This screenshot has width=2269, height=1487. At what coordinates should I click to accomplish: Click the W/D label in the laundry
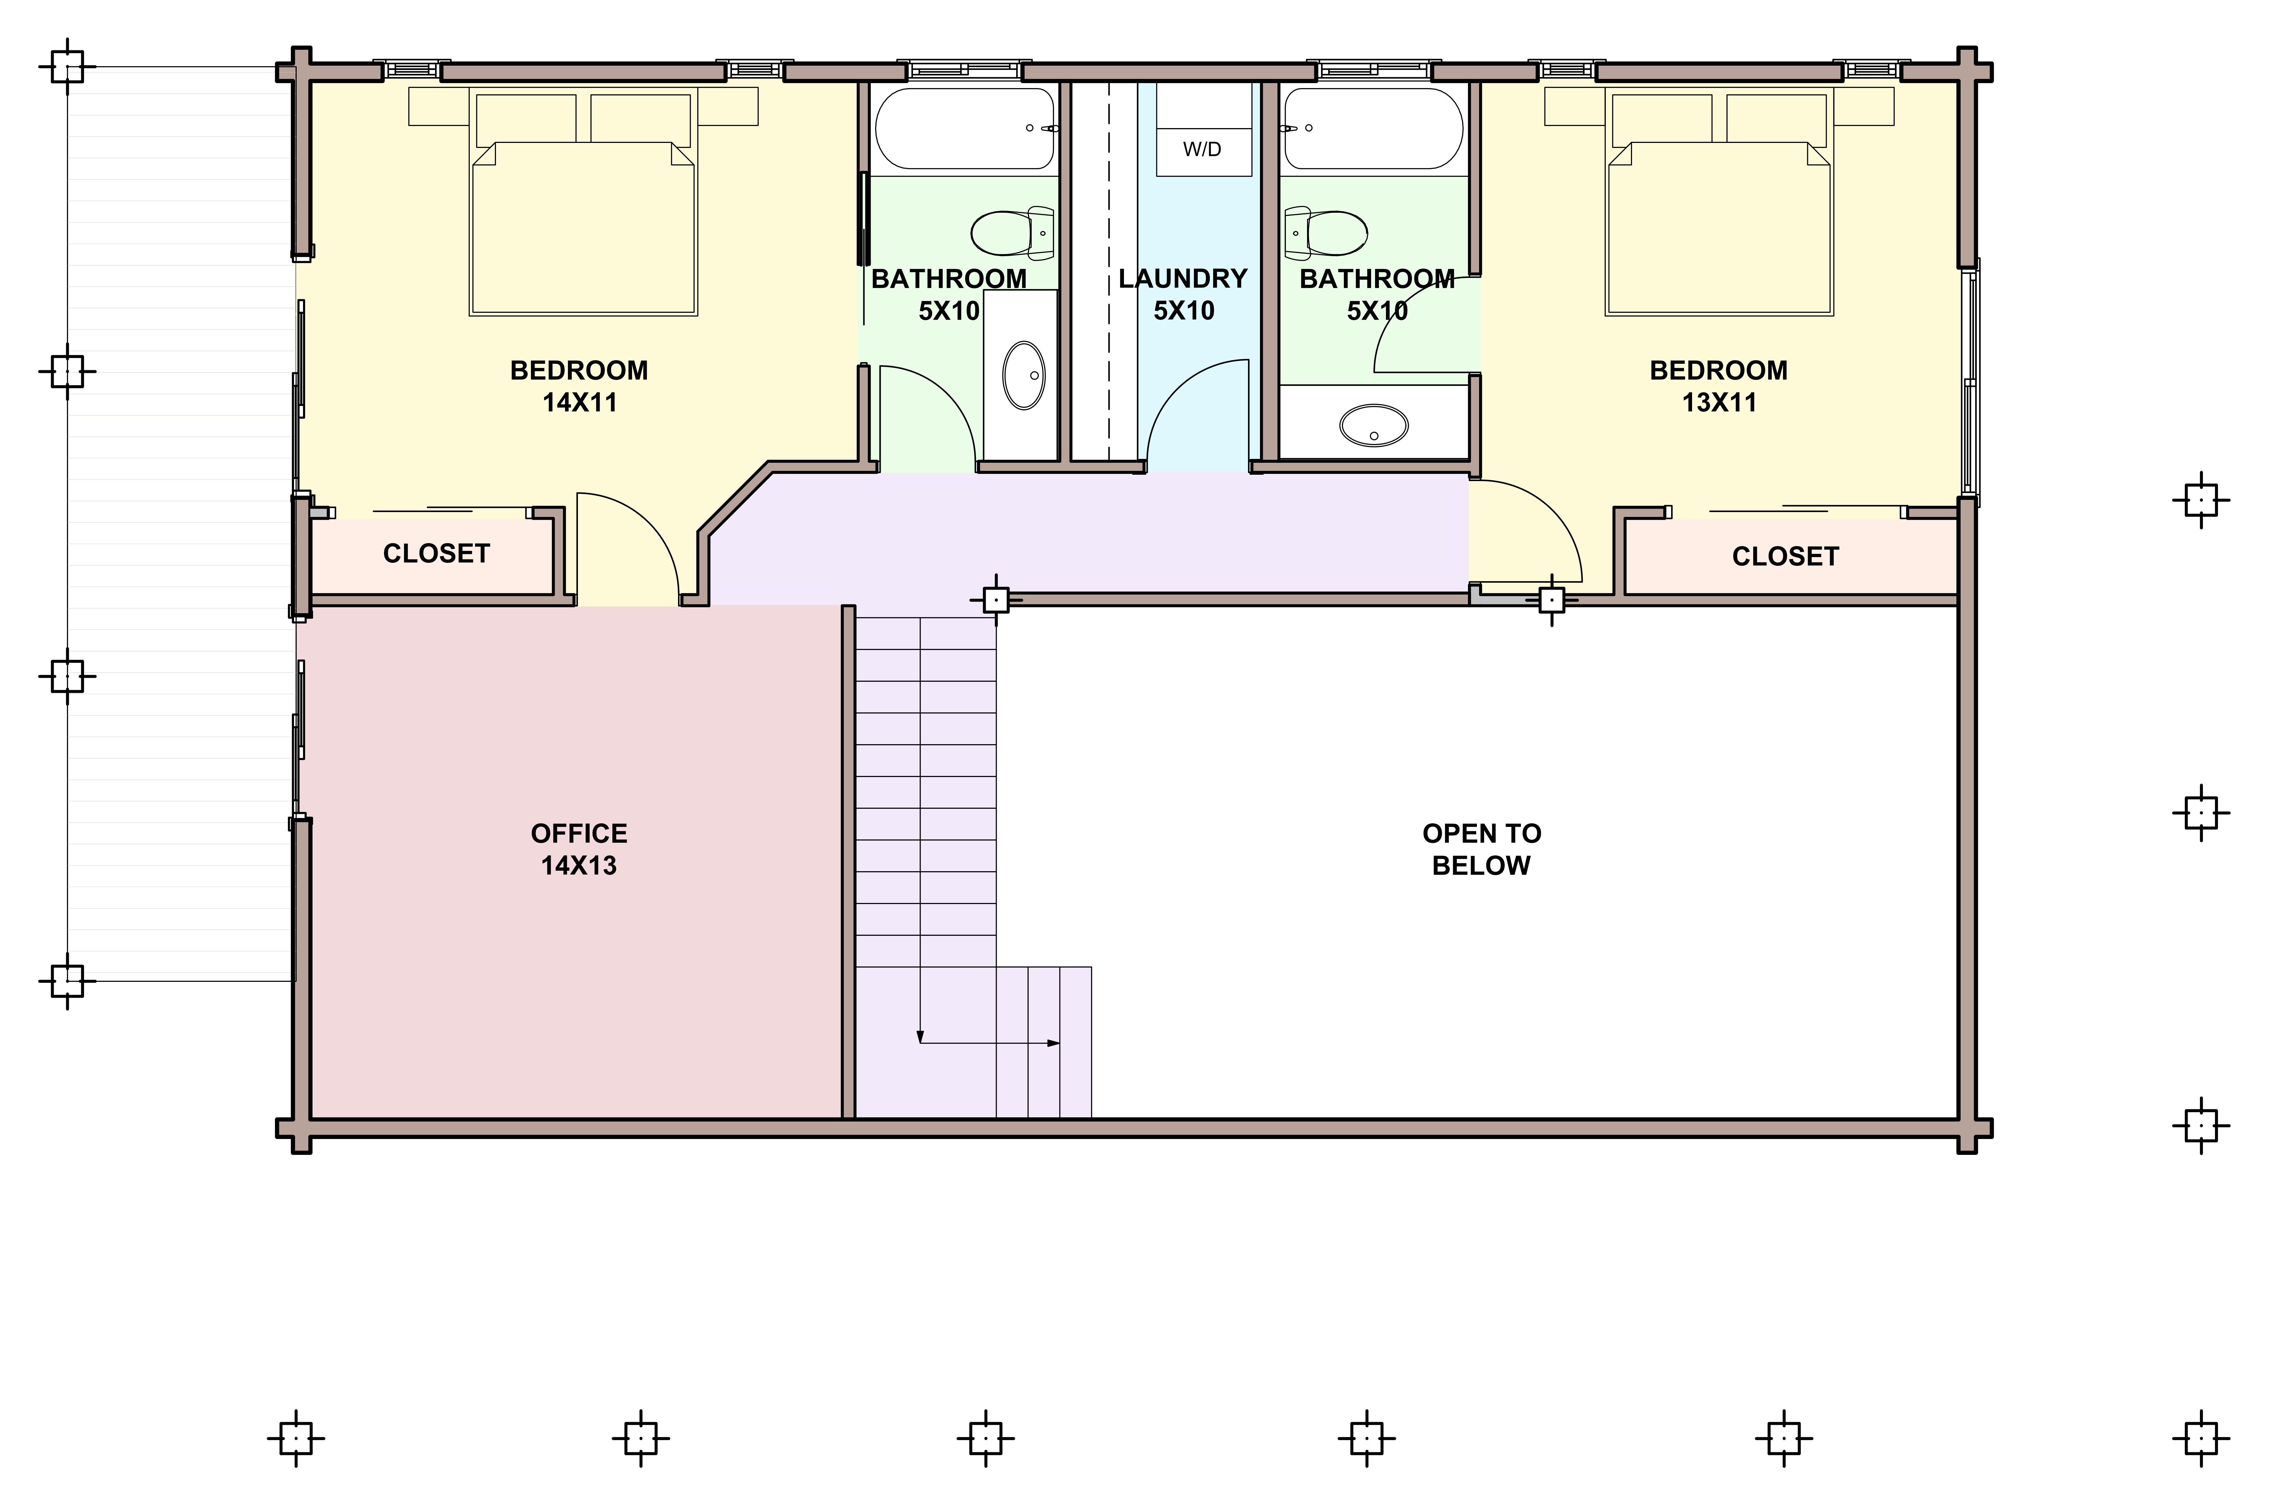click(1202, 150)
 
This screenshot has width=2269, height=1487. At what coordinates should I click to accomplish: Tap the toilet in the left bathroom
click(1013, 233)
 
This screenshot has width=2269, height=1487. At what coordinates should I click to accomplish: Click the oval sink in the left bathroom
click(1024, 376)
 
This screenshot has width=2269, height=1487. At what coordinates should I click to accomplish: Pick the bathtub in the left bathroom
click(965, 129)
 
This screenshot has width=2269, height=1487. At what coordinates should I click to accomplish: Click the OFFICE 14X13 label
click(579, 849)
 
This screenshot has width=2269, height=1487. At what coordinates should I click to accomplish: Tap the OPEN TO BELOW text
click(1481, 849)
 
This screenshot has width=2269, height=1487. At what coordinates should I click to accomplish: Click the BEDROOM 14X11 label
click(579, 386)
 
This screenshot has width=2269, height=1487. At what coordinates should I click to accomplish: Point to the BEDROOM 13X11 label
click(1719, 386)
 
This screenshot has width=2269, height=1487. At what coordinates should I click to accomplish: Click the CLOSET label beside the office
click(437, 554)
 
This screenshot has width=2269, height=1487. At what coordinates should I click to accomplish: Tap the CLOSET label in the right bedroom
click(1786, 557)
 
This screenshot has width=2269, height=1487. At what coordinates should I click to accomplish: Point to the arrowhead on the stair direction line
click(1054, 1043)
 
